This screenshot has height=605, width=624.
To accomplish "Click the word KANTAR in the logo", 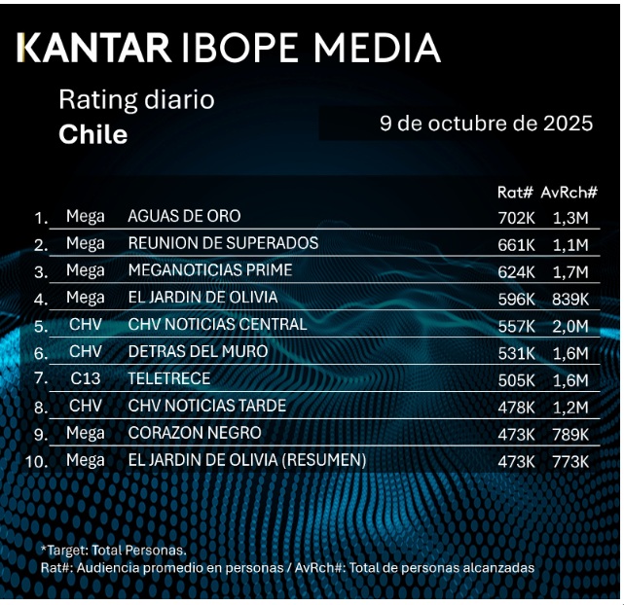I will click(95, 48).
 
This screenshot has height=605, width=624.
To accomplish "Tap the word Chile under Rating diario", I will click(93, 134).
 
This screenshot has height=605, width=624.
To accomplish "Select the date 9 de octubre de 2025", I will click(486, 125).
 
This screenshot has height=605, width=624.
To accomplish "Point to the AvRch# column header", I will click(569, 193).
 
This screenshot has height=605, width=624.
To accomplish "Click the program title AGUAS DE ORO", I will click(184, 216).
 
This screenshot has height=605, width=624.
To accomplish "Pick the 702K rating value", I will click(516, 217).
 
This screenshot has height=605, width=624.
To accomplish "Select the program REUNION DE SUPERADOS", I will click(223, 243).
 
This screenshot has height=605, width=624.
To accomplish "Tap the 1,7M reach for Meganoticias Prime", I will click(569, 271).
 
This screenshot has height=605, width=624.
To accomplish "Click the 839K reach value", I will click(569, 299).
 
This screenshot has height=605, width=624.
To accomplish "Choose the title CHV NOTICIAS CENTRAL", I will click(217, 325).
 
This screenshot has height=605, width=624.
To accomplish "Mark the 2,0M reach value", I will click(569, 326).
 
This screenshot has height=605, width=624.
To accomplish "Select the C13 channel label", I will click(85, 378).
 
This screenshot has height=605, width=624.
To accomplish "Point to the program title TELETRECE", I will click(168, 378).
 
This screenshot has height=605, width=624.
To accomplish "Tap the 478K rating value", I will click(516, 407).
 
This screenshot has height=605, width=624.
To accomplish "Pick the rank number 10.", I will click(36, 461).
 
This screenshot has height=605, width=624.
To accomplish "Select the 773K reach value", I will click(569, 461).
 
